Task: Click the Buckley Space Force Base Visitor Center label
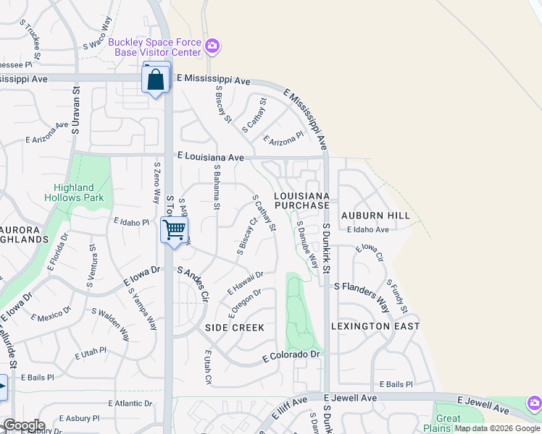tap(154, 47)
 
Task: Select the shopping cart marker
tap(175, 231)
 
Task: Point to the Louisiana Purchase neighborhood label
tap(302, 201)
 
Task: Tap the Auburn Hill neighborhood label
tap(375, 216)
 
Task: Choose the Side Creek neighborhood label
tap(234, 328)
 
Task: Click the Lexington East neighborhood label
tap(375, 326)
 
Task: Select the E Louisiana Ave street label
tap(211, 156)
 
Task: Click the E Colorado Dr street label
tap(291, 355)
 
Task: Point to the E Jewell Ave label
tap(350, 399)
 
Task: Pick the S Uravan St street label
tap(75, 108)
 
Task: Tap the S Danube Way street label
tap(307, 244)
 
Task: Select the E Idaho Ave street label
tap(367, 230)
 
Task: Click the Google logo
tap(23, 425)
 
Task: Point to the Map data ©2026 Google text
tap(497, 428)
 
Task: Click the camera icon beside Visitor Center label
tap(212, 48)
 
